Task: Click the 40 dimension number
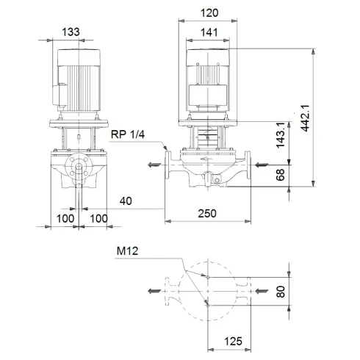tap(129, 199)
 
